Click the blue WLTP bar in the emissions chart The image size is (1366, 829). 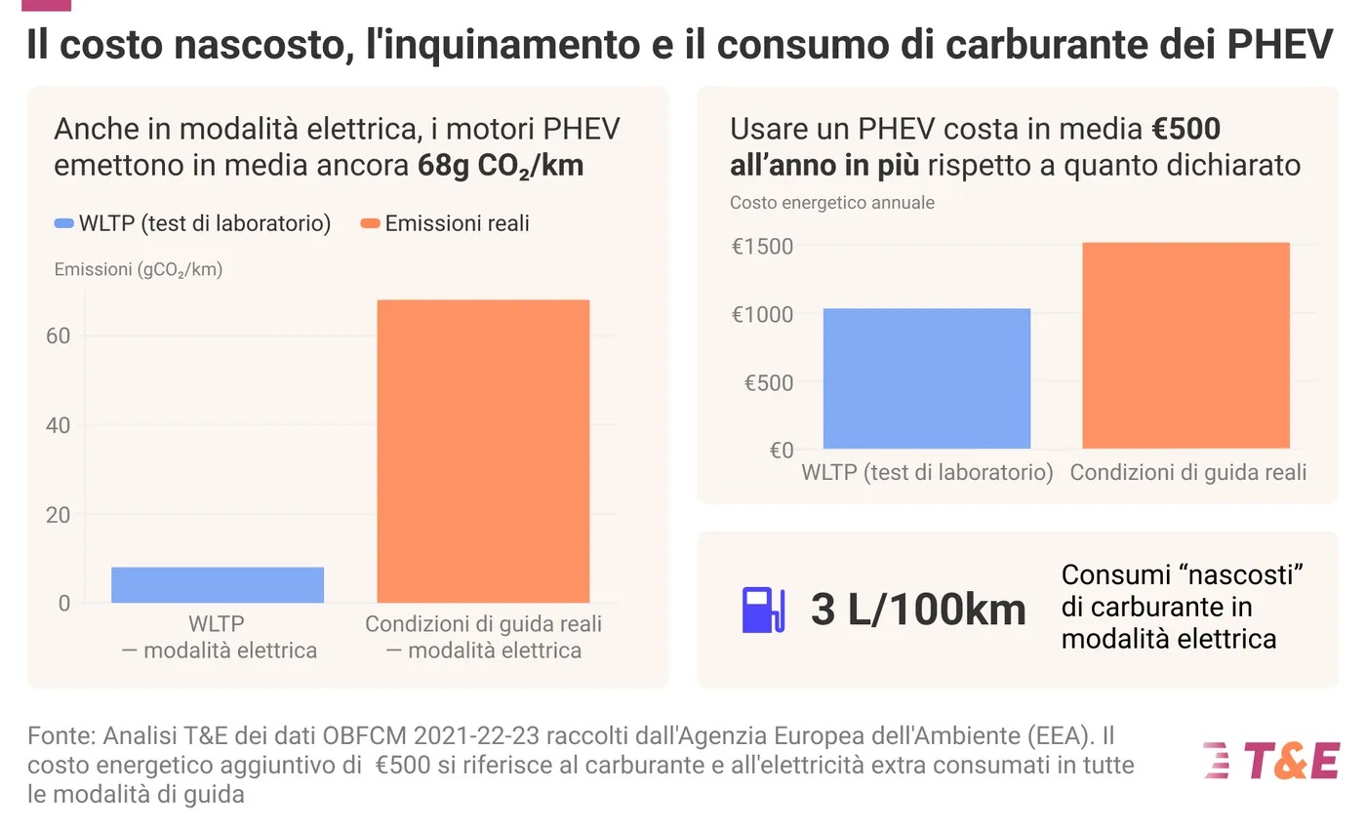coord(218,584)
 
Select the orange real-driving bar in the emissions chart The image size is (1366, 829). coord(483,451)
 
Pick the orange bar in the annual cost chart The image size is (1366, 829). coord(1185,345)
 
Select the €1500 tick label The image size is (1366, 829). coord(762,246)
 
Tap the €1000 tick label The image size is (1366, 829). coord(762,314)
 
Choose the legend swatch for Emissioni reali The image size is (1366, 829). coord(370,224)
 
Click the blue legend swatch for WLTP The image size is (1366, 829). coord(63,224)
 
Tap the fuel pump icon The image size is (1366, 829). coord(762,610)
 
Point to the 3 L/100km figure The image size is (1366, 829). coord(918,611)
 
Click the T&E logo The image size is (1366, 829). coord(1271,761)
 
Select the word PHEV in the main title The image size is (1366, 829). coord(1280,45)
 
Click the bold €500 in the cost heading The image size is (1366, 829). coord(1185,129)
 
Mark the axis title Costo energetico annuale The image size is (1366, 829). coord(831,203)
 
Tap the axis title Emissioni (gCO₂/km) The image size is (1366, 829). coord(138,270)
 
